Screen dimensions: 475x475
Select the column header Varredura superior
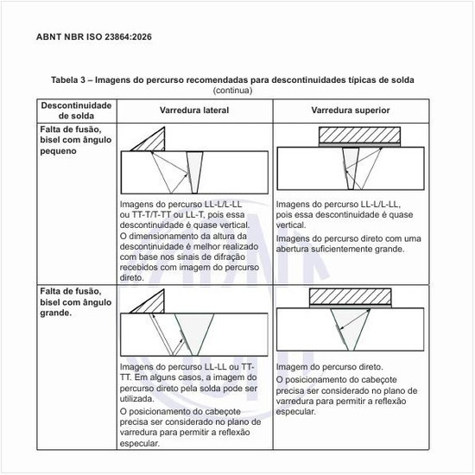pos(351,111)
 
